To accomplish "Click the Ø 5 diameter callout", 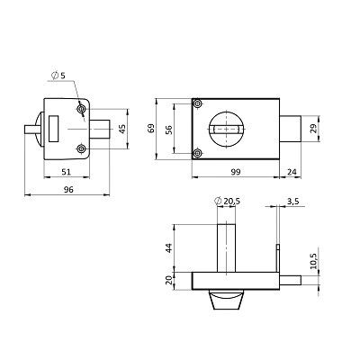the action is pyautogui.click(x=58, y=76).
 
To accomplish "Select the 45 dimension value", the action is pyautogui.click(x=122, y=129).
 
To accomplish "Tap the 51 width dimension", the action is pyautogui.click(x=66, y=172).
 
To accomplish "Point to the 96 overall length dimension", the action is pyautogui.click(x=68, y=190).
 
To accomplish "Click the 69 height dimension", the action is pyautogui.click(x=151, y=128).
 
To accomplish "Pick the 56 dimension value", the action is pyautogui.click(x=169, y=130).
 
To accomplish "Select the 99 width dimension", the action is pyautogui.click(x=236, y=172).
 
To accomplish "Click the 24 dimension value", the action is pyautogui.click(x=292, y=172).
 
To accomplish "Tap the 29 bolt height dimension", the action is pyautogui.click(x=313, y=129).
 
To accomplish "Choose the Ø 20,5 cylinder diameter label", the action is pyautogui.click(x=228, y=202).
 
